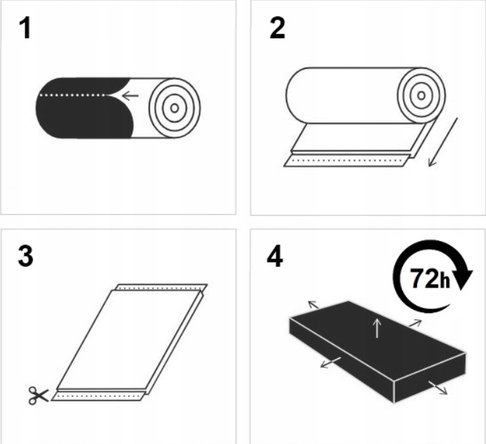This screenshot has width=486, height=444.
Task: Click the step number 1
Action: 26,28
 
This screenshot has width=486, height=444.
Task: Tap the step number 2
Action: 277,28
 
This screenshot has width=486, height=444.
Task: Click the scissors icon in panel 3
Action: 39,395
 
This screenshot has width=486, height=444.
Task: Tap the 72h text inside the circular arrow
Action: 430,279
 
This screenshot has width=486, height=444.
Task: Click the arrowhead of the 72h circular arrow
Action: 463,279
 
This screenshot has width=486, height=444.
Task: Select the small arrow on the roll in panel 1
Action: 130,95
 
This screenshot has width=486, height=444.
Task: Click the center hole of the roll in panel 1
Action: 175,108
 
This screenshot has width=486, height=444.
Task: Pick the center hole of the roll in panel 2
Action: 421,96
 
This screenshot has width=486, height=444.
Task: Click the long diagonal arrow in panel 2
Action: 443,142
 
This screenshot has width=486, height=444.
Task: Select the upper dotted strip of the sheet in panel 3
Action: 161,288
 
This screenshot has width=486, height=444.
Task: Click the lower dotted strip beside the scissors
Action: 98,396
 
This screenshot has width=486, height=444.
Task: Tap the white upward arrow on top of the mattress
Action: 377,328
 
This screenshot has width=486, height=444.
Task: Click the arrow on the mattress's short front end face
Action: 438,388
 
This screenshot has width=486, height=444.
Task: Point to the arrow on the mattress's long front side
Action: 331,362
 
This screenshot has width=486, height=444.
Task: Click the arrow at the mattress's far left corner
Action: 313,305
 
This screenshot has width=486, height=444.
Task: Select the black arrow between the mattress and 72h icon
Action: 416,323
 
